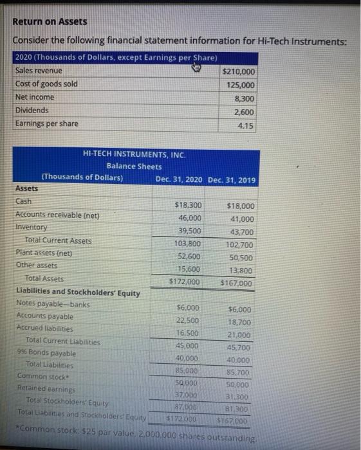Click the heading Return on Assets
click(50, 21)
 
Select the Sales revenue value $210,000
click(239, 71)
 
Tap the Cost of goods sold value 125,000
click(241, 85)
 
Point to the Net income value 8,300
click(245, 99)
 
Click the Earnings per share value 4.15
click(246, 126)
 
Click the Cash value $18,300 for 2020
click(188, 205)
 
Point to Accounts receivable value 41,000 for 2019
click(241, 219)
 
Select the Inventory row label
click(32, 228)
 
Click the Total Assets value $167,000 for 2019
click(237, 283)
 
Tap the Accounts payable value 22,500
click(187, 321)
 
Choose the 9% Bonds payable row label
click(46, 354)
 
